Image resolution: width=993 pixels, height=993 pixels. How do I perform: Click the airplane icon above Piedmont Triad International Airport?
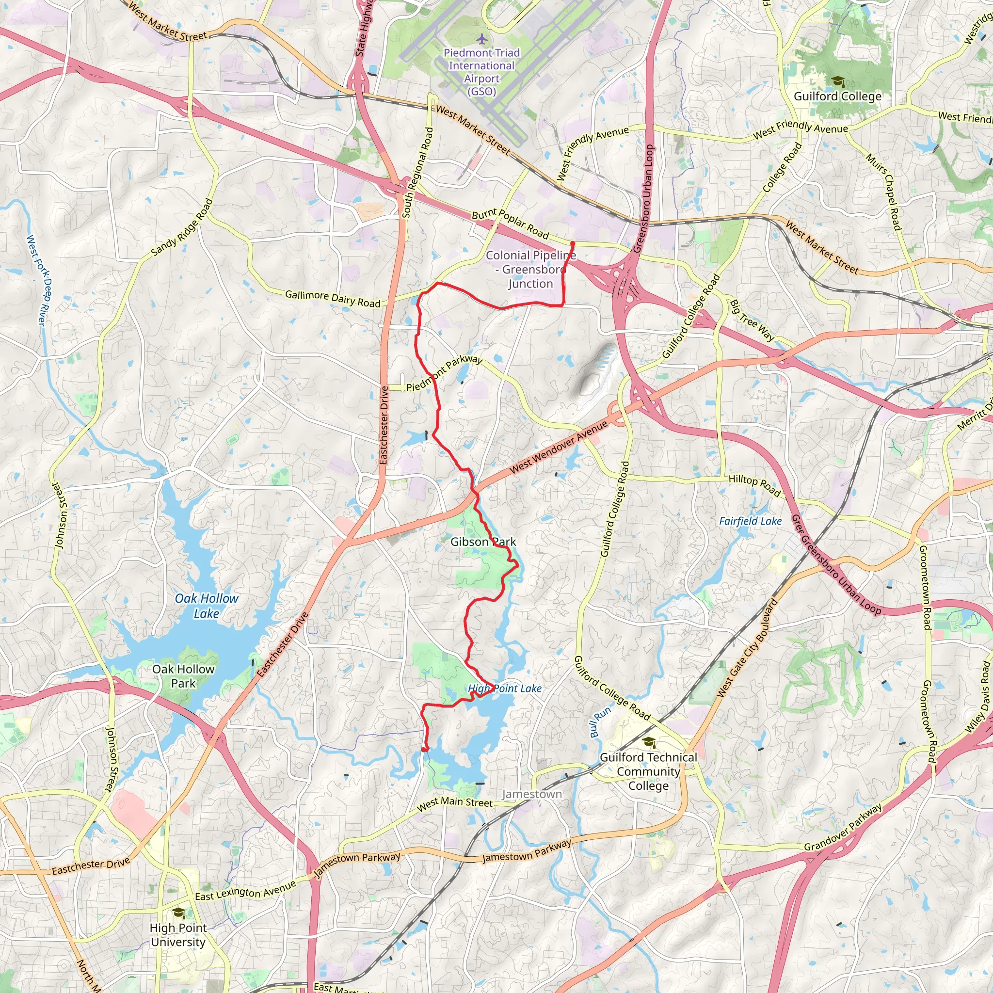(x=481, y=39)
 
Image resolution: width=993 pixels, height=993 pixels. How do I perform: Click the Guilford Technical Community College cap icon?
(x=649, y=742)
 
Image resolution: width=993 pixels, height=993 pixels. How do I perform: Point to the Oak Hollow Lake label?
(x=207, y=606)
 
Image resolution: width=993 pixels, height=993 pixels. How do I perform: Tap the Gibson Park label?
(x=483, y=542)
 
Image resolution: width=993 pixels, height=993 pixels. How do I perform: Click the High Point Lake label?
(x=505, y=688)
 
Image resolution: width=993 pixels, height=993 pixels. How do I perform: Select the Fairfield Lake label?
(x=751, y=521)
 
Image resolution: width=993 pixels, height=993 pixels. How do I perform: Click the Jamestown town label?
(x=532, y=794)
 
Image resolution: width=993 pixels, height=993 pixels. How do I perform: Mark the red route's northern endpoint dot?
(x=573, y=243)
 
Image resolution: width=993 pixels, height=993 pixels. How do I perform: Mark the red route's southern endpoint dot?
(x=423, y=750)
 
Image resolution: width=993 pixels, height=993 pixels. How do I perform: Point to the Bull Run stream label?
(x=600, y=722)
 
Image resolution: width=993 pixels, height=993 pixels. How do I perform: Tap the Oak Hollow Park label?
(x=183, y=676)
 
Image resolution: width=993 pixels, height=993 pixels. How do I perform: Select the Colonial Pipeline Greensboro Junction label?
(x=531, y=269)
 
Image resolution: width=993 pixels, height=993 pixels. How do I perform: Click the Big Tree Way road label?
(x=752, y=320)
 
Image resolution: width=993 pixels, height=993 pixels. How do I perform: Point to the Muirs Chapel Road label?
(x=883, y=192)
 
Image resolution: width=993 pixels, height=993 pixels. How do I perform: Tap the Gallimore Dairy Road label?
(x=333, y=299)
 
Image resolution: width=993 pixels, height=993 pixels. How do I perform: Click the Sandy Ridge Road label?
(x=182, y=228)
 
